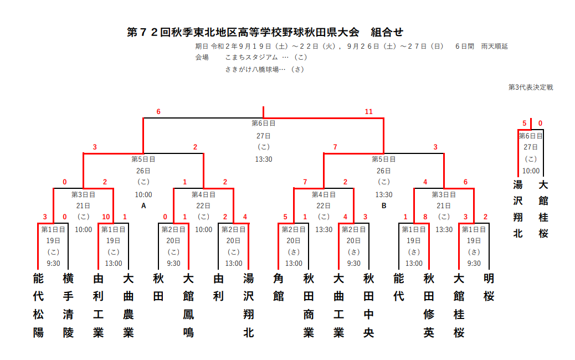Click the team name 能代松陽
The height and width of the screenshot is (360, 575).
[x=38, y=305]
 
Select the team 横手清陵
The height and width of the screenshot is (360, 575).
[x=68, y=305]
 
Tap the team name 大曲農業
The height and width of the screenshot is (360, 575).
[x=129, y=305]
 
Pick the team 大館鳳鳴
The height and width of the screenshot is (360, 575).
[x=188, y=305]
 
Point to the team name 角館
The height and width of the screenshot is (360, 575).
[x=278, y=287]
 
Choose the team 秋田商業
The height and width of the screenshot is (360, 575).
[x=309, y=305]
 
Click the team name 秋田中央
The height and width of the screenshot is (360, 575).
[x=368, y=305]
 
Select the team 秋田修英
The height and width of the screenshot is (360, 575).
[x=429, y=305]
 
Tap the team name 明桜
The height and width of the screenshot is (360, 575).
[x=489, y=287]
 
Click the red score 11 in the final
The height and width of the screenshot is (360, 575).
[x=368, y=111]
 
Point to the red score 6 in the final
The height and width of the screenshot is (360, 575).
[x=158, y=111]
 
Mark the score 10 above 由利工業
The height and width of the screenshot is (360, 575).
[x=106, y=217]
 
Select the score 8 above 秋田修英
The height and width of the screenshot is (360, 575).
[x=425, y=217]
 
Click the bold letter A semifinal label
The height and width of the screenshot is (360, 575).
[x=143, y=205]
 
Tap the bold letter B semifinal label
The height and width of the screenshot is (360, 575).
[x=384, y=205]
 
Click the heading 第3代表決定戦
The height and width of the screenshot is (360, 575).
[x=531, y=88]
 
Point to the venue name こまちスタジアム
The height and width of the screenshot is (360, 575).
[x=251, y=57]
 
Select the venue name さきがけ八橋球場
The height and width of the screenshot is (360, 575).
[x=252, y=69]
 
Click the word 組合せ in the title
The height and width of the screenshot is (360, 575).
[x=387, y=32]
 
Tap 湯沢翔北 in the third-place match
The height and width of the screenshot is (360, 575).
[x=518, y=209]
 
